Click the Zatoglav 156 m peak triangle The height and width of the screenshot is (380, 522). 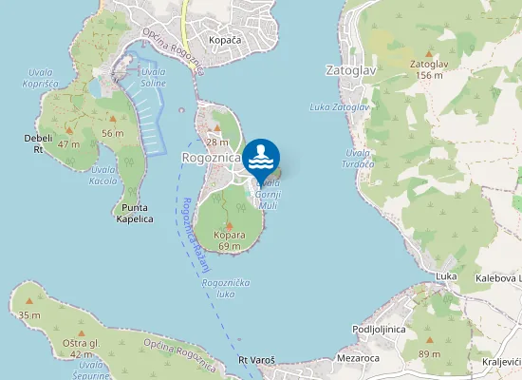[x=429, y=53]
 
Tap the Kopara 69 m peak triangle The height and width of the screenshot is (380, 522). [x=229, y=224]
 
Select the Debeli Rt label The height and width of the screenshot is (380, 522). [x=38, y=142]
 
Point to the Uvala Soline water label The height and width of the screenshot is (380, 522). [x=152, y=77]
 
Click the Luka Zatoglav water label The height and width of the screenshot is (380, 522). [x=339, y=107]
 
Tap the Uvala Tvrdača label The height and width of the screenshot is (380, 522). [x=359, y=158]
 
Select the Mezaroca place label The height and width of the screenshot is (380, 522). [x=358, y=359]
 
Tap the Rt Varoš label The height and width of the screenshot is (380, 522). [x=256, y=360]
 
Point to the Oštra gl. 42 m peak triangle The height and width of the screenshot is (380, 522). [x=79, y=332]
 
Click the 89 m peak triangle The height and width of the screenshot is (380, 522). [x=430, y=340]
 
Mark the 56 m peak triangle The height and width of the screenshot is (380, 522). [x=112, y=119]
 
